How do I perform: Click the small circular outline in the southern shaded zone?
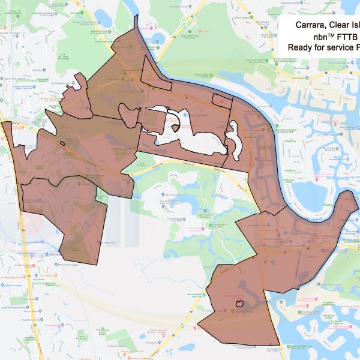pyautogui.click(x=241, y=304)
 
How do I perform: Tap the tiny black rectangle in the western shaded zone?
pyautogui.click(x=62, y=143)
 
